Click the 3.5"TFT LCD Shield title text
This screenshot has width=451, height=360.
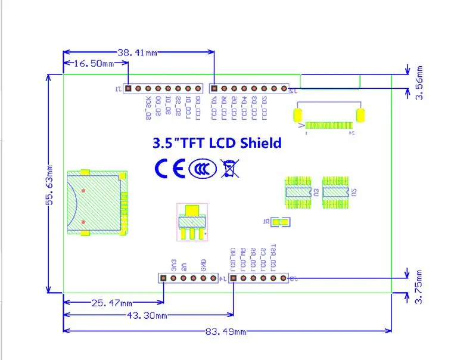coord(217,143)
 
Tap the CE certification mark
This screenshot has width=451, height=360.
coord(169,169)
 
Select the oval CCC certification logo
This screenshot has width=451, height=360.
coord(202,169)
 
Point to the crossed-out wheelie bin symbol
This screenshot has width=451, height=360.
coord(228,169)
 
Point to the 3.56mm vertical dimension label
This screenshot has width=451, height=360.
coord(419,82)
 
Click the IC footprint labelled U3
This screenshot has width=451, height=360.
coord(298,192)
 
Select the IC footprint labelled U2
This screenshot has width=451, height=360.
coord(335,192)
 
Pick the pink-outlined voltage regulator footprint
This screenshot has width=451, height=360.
coord(192,221)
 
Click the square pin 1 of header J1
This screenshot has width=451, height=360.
coord(128,88)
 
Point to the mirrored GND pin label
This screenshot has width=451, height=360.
coord(203,263)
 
